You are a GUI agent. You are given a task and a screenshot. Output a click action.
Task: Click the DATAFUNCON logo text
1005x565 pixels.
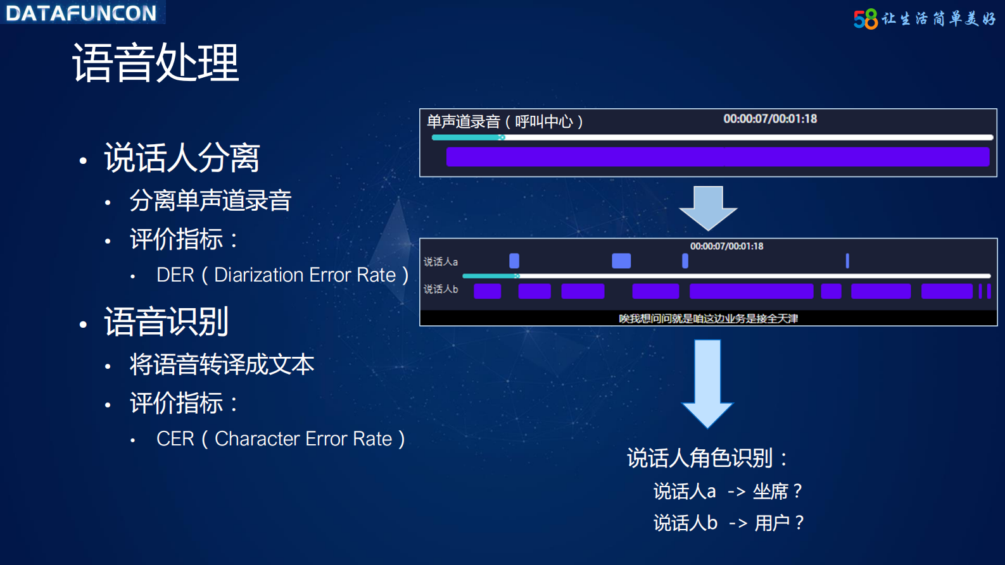pos(81,13)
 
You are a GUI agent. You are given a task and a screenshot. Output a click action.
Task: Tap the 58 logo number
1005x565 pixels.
pos(865,19)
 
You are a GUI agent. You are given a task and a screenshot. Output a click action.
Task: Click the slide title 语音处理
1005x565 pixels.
pos(156,63)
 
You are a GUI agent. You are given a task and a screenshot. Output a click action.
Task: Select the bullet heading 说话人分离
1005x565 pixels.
pos(182,158)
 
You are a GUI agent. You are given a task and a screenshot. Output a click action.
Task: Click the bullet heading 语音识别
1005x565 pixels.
pos(166,322)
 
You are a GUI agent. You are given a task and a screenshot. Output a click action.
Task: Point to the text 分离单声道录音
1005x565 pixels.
pos(210,201)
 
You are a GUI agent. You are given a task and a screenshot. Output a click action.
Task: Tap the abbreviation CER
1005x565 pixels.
pos(175,439)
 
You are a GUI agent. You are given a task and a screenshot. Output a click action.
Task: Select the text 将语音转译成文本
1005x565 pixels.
pos(222,365)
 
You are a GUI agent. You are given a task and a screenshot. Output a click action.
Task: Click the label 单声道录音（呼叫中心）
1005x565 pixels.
pos(505,121)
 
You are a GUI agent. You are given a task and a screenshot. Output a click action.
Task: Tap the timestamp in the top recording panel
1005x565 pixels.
pos(770,119)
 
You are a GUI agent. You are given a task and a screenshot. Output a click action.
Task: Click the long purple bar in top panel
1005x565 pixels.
pos(717,157)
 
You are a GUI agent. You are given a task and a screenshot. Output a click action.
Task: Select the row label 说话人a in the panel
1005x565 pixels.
pos(441,262)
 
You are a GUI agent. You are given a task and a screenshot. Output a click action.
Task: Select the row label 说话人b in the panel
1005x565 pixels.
pos(441,289)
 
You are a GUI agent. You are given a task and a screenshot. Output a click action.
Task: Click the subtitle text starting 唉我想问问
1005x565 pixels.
pos(708,318)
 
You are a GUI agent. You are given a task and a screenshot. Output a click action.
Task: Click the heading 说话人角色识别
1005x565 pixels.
pos(700,458)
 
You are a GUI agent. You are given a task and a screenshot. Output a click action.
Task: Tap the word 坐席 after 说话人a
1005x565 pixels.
pos(770,492)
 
